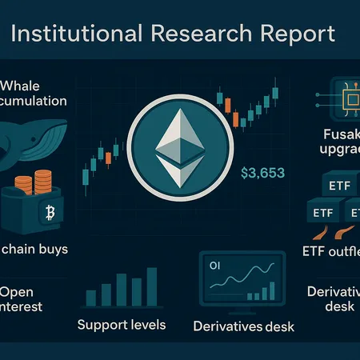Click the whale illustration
click(40, 141)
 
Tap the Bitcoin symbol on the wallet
click(50, 214)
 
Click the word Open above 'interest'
click(18, 291)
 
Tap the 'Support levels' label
click(122, 325)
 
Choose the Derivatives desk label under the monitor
click(243, 326)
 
